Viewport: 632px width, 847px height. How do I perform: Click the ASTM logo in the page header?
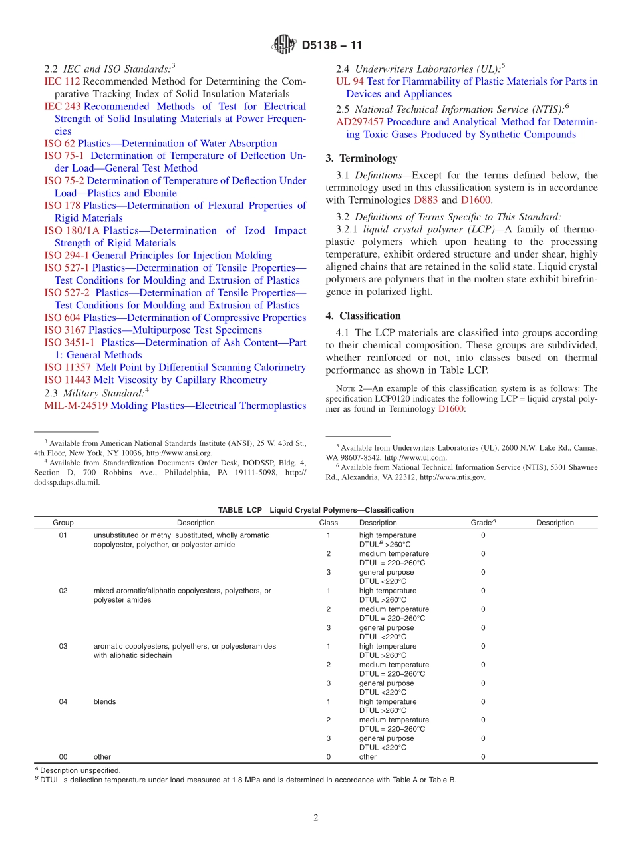[284, 45]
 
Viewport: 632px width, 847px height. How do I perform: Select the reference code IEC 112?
[62, 81]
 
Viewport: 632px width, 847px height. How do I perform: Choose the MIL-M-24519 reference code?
[76, 406]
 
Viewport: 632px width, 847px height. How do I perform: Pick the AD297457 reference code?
[360, 122]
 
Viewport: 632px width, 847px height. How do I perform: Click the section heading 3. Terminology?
[361, 158]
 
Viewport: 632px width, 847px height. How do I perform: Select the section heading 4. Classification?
[363, 316]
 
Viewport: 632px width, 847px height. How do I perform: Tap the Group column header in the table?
[63, 523]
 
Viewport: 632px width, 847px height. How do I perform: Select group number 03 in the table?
[63, 646]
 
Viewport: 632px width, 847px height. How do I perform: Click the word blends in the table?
[104, 701]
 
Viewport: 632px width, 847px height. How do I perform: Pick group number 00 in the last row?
[63, 756]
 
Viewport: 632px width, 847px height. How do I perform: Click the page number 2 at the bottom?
[316, 818]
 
